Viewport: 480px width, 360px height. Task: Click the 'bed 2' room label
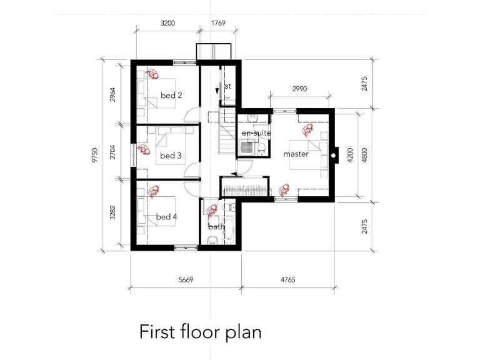(171, 96)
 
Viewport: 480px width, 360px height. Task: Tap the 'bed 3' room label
(171, 156)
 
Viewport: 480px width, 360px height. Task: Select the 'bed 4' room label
(167, 217)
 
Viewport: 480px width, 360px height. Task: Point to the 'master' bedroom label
(296, 154)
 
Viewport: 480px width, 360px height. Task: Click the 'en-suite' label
(256, 133)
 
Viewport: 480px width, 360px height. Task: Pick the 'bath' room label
(216, 227)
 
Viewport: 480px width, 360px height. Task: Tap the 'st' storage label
(228, 86)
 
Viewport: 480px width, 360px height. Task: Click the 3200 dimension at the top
(167, 23)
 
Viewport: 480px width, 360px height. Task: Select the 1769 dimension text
(218, 23)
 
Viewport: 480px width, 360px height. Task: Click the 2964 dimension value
(112, 94)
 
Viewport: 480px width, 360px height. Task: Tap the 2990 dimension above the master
(299, 89)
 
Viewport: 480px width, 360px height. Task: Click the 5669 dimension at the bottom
(185, 281)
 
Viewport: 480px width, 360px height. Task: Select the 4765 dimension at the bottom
(288, 281)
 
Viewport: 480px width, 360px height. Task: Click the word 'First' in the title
(156, 331)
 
